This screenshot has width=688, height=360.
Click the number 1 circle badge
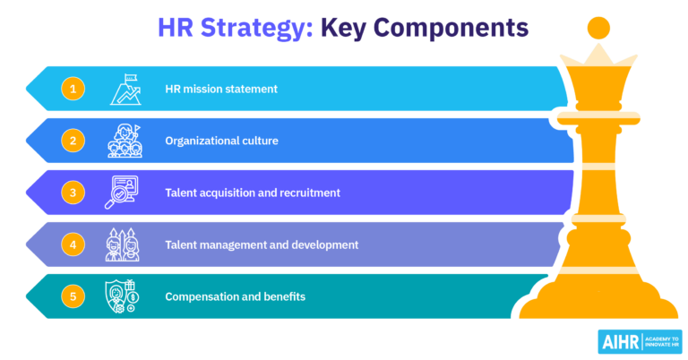73,89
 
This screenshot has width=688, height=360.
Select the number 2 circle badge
73,141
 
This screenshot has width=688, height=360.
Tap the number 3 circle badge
73,193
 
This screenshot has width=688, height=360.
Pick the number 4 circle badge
73,244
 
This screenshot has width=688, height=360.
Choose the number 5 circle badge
73,296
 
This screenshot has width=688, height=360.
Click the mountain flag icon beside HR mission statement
124,89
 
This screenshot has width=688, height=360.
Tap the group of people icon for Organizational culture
124,141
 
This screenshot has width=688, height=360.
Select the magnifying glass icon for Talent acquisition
124,193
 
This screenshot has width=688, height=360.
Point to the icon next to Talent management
124,244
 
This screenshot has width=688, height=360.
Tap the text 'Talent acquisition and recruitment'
253,193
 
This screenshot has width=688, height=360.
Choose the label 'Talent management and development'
262,244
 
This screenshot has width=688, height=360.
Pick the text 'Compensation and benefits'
235,296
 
